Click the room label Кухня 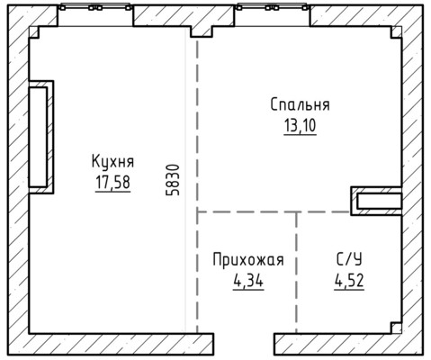point(112,162)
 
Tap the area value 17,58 point(112,182)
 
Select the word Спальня point(299,104)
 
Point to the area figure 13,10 point(299,124)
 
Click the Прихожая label point(247,261)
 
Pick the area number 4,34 point(247,280)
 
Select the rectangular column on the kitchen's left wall point(40,136)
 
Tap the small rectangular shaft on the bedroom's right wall point(376,202)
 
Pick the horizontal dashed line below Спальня point(270,212)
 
